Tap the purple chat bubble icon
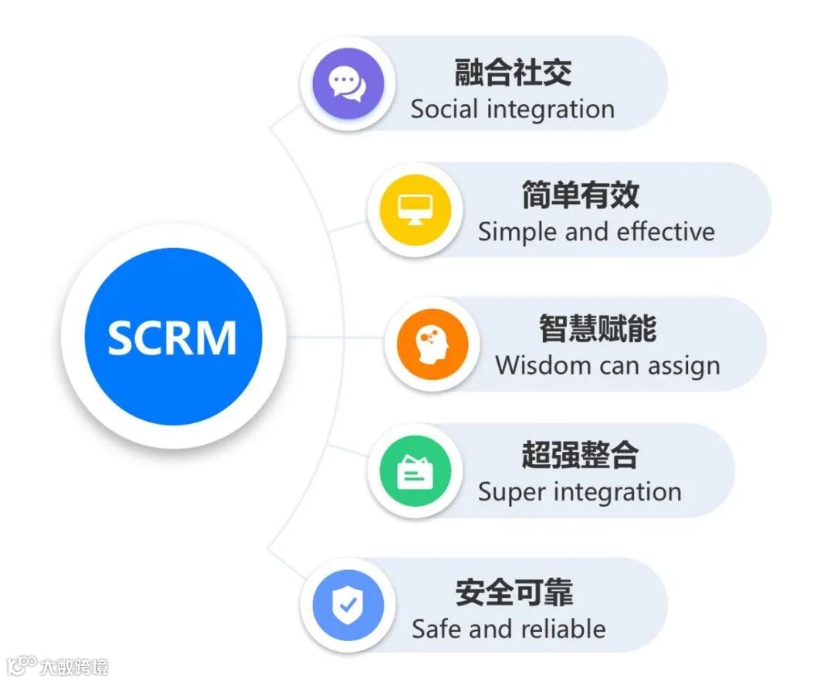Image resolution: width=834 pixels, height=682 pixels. (x=347, y=82)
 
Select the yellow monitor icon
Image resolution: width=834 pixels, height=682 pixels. (x=415, y=209)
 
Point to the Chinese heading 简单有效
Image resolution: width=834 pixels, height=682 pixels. (x=580, y=195)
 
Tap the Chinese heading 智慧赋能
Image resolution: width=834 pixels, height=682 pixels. (x=598, y=329)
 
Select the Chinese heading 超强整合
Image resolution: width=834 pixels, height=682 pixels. (x=580, y=455)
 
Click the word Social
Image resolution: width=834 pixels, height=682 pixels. (x=444, y=109)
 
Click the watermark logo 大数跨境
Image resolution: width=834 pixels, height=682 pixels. (x=58, y=667)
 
